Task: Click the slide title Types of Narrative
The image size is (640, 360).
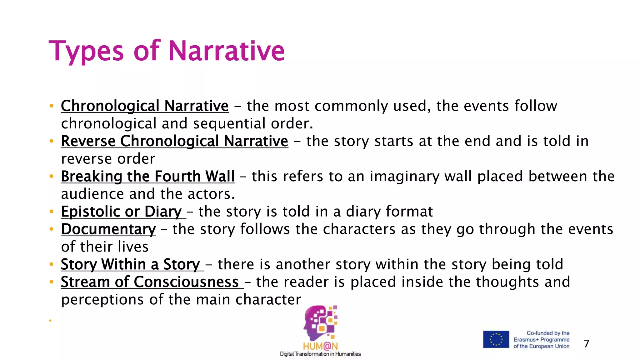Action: pos(167,51)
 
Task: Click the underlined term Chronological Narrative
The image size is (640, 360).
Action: pos(145,106)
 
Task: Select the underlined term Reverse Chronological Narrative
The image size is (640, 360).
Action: pos(174,141)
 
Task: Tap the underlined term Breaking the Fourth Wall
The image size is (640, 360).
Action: pos(147,177)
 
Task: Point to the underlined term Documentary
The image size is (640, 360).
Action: pos(108,229)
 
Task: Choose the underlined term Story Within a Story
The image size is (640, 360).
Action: pos(130,265)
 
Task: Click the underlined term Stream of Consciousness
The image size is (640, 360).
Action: pos(150,282)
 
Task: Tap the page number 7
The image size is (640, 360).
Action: pos(586,344)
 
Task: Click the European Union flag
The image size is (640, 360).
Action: pos(496,339)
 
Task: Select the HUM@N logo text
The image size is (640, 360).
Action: pos(320,346)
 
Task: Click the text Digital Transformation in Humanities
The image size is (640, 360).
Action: pos(320,354)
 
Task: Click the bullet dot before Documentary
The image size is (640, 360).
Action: pos(51,229)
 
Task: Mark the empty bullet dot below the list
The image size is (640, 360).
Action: pos(50,320)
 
